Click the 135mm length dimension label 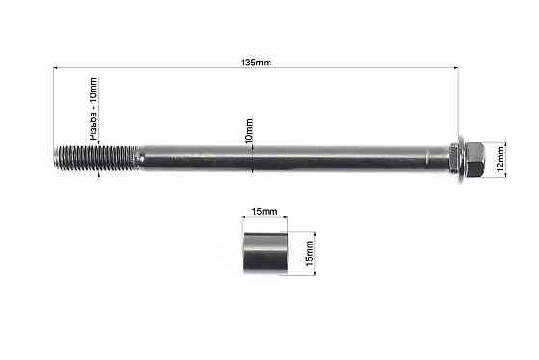(255, 63)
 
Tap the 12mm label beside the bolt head (500, 159)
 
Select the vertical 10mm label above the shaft (249, 131)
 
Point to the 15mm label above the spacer (265, 211)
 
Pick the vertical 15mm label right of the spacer (309, 253)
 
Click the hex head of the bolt (475, 159)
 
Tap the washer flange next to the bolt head (460, 159)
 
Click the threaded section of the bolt (96, 158)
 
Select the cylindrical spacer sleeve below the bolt (265, 253)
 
